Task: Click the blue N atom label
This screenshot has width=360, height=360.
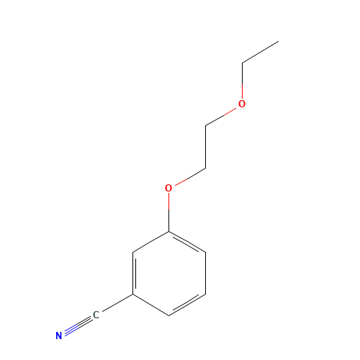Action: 59,336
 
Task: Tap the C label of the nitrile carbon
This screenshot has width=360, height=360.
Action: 96,315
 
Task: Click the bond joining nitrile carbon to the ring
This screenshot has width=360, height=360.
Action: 117,303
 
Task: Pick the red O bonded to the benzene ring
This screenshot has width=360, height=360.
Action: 168,188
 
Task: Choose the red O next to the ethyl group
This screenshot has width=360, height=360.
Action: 242,104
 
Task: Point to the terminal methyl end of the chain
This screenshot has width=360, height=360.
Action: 279,41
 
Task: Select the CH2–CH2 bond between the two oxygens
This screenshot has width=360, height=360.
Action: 206,147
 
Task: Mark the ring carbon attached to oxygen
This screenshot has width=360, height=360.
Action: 168,232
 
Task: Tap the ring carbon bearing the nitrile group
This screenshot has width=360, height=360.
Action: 133,294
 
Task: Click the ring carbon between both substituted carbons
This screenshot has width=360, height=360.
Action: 133,252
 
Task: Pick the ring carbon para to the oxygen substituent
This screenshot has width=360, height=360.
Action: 169,315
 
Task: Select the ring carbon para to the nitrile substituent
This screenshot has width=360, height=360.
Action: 206,252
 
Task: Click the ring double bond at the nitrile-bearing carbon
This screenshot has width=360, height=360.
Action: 134,273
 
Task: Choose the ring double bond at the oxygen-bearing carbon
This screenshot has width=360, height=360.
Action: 187,243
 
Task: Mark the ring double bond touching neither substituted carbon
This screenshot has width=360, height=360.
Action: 187,304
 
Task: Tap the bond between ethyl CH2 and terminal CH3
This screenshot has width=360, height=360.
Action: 261,52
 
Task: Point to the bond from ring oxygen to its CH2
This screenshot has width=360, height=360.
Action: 190,177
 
